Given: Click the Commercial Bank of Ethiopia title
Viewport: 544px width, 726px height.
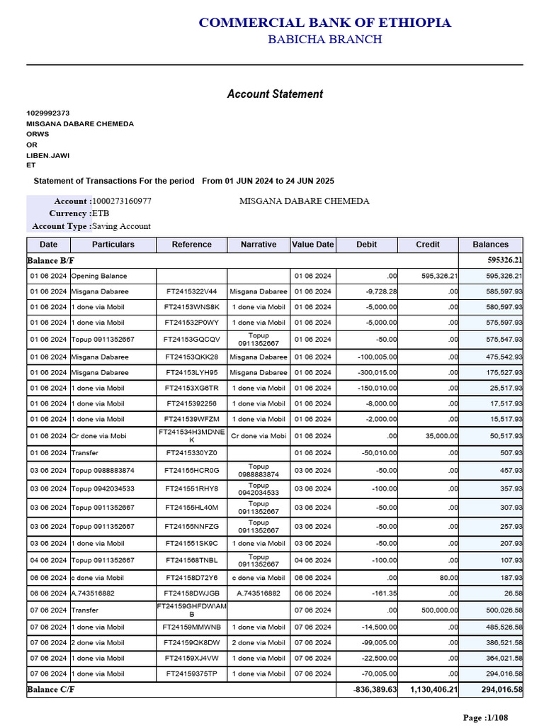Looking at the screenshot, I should (x=324, y=23).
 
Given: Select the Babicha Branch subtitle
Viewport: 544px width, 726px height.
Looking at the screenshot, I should (x=324, y=39).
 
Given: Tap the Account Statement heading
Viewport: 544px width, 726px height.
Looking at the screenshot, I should (x=275, y=94).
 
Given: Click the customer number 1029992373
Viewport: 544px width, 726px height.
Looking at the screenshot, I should (x=48, y=113).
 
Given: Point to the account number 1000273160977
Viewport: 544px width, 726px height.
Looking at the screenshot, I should (x=122, y=201).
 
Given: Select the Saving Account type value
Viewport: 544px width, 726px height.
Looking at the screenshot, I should (x=121, y=226).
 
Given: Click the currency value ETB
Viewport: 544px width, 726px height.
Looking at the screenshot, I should (x=101, y=213).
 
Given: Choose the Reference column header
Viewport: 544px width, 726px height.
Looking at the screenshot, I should (x=191, y=245).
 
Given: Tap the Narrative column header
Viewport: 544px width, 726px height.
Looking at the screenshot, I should (x=259, y=245).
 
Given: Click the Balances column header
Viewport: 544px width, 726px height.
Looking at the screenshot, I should (x=490, y=245).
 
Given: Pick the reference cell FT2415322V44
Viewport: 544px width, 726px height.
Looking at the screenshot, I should (x=191, y=291).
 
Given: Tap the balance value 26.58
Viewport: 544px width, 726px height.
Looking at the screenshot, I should (x=509, y=593).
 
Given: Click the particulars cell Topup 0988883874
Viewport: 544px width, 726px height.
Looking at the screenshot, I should (x=103, y=471).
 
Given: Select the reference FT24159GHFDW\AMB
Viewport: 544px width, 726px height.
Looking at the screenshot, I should (x=191, y=610).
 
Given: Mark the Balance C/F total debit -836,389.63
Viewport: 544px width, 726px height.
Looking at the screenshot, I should (x=375, y=689).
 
